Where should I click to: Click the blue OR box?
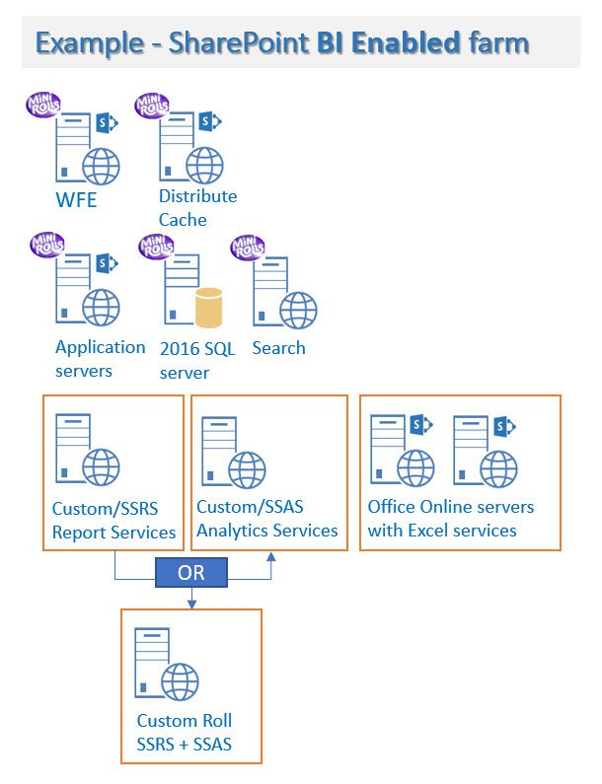(191, 572)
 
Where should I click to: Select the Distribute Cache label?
(197, 207)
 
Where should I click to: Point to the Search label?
(278, 348)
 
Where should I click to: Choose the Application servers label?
(100, 359)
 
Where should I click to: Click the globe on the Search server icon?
(297, 311)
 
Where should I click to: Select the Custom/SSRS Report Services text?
(113, 521)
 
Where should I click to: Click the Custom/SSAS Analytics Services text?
(266, 519)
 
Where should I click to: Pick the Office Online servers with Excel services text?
(450, 519)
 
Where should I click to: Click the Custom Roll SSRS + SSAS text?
(185, 732)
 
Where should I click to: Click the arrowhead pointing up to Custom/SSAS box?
(271, 558)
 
